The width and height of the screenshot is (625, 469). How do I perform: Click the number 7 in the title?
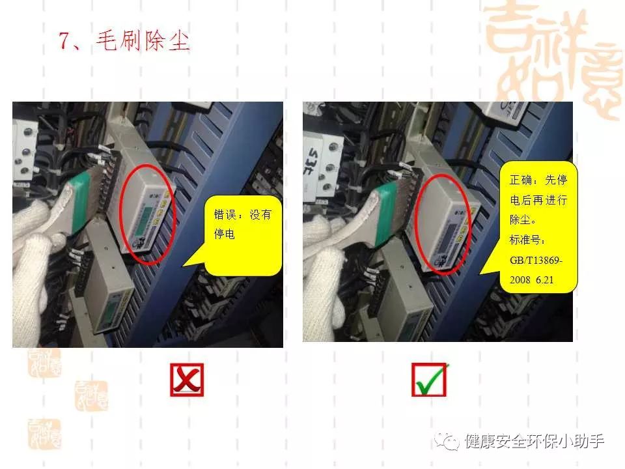pyautogui.click(x=65, y=41)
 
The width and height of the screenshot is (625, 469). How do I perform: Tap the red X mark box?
pyautogui.click(x=187, y=380)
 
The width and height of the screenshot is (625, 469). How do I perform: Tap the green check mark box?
pyautogui.click(x=429, y=380)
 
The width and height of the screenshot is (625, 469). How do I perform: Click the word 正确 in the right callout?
pyautogui.click(x=520, y=180)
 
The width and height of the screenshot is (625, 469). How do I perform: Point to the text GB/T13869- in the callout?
pyautogui.click(x=536, y=261)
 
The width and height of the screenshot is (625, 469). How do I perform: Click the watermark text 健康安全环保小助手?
pyautogui.click(x=534, y=442)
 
